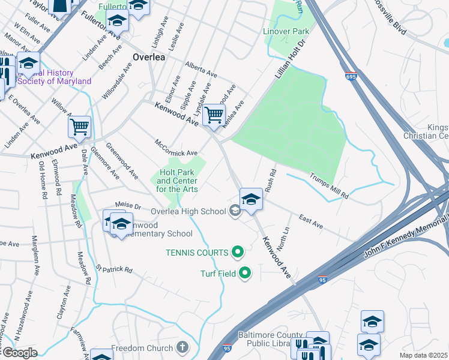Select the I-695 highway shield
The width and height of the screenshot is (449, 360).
(351, 77)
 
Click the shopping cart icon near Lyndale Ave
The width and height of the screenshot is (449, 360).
(214, 115)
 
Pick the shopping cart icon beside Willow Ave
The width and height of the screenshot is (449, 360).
(79, 127)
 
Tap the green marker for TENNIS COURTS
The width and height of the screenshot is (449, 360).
(238, 253)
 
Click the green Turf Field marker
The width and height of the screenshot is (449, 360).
(245, 274)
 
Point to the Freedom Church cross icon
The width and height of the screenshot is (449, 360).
(182, 348)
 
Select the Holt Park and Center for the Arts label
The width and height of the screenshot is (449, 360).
(177, 181)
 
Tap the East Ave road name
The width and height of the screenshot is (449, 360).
(311, 223)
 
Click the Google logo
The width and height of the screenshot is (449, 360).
(19, 353)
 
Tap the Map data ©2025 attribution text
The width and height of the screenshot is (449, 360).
(423, 355)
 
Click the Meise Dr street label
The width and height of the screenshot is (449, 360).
(128, 205)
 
